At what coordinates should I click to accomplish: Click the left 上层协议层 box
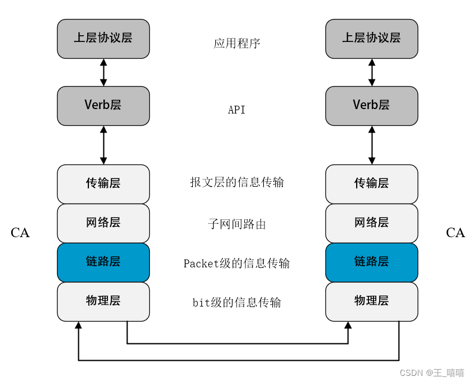[103, 39]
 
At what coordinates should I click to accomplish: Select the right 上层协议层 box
[372, 39]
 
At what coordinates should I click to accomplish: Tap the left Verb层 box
[103, 106]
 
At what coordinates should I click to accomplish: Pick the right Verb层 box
[372, 106]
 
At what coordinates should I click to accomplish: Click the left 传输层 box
[103, 184]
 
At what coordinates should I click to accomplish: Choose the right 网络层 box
[372, 223]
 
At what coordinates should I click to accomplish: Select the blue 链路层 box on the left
[103, 262]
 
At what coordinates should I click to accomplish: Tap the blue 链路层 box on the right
[372, 262]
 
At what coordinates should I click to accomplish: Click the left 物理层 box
[103, 301]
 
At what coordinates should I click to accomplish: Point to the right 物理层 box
[372, 301]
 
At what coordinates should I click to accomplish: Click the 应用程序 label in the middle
[237, 44]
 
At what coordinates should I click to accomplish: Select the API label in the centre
[237, 110]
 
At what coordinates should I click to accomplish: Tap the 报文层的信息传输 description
[237, 182]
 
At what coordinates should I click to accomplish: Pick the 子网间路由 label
[237, 225]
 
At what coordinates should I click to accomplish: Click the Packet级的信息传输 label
[237, 263]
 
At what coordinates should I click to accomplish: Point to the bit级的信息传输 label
[237, 303]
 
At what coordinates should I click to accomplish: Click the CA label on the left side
[20, 233]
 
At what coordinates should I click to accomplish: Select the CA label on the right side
[456, 233]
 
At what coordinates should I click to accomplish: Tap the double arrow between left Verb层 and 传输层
[103, 145]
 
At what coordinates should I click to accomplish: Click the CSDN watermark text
[424, 372]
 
